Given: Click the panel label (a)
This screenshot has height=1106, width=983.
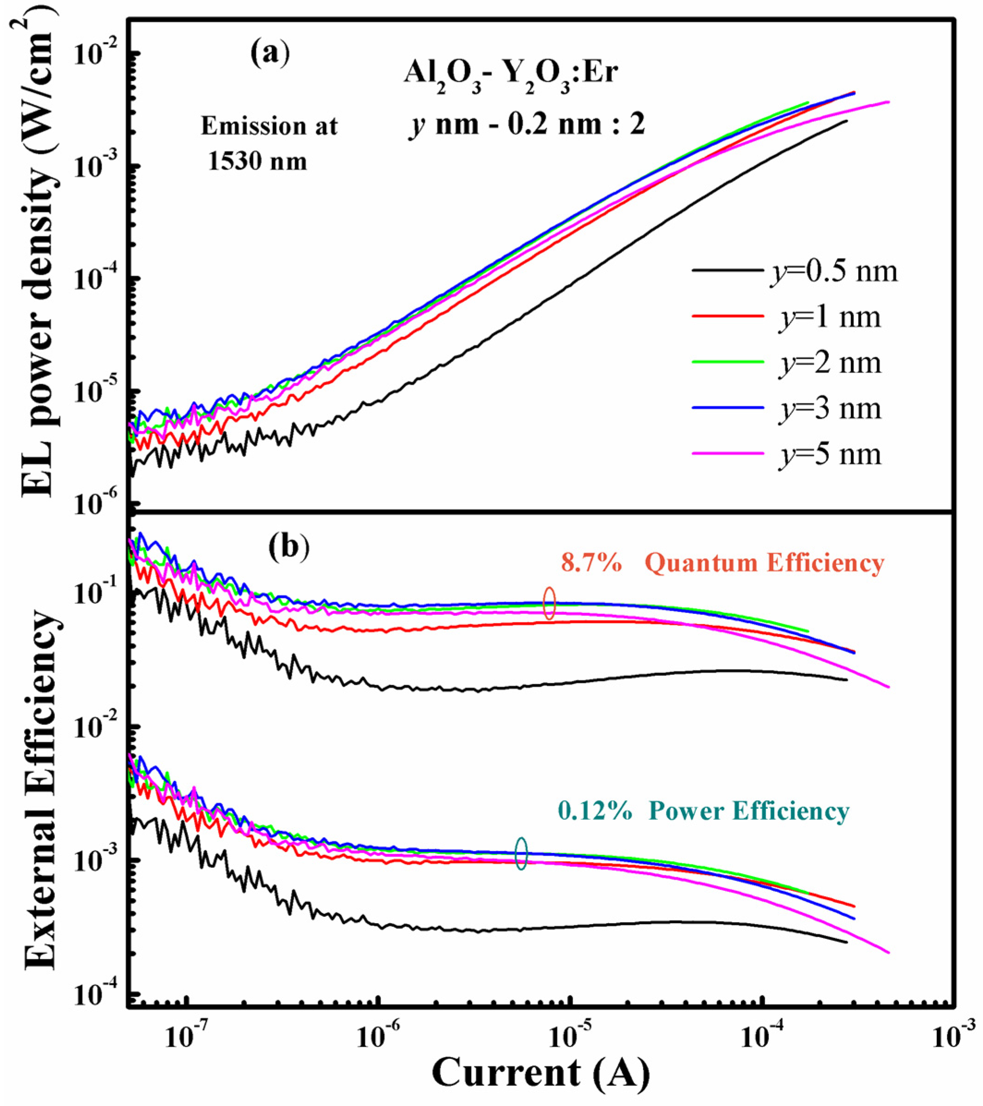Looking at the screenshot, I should [x=270, y=54].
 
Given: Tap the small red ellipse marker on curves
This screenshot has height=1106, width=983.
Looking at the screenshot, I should [x=549, y=603].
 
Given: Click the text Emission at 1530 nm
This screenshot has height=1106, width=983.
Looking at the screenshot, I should [x=269, y=144].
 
